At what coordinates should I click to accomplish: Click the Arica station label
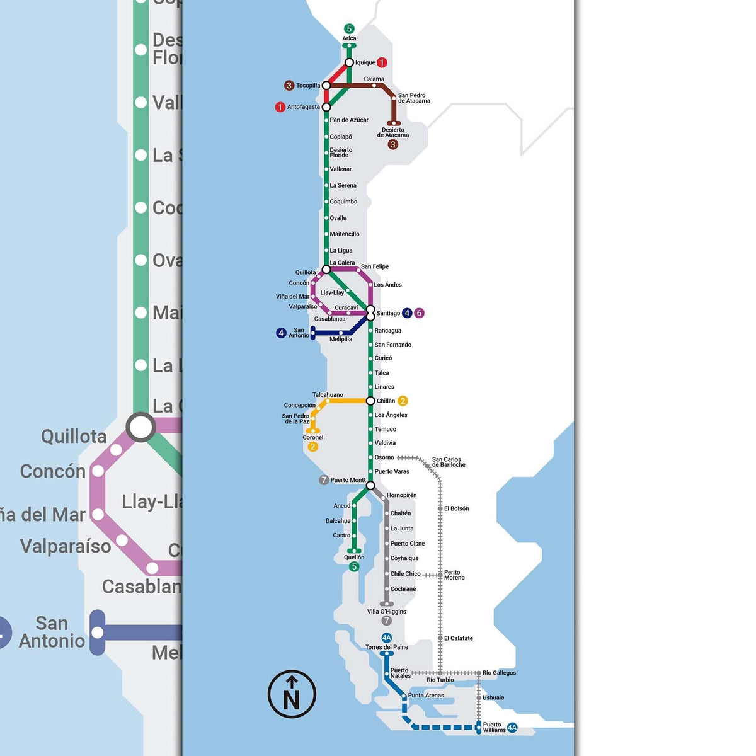349,38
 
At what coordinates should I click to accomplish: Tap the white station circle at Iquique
349,62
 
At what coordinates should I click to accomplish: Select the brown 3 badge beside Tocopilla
289,85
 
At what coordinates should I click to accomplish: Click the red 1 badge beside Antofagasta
280,107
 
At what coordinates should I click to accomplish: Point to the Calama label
374,79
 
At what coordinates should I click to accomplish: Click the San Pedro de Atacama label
414,98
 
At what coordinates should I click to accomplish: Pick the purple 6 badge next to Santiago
420,313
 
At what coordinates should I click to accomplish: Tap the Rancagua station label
387,331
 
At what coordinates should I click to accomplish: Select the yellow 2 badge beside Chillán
403,401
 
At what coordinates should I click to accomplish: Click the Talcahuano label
328,395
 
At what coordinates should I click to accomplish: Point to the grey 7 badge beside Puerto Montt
324,480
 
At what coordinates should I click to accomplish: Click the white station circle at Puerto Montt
370,485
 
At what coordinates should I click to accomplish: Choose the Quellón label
354,558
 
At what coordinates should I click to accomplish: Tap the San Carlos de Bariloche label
449,462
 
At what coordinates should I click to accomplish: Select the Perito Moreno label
454,575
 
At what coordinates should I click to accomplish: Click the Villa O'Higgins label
387,612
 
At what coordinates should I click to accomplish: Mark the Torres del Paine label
387,647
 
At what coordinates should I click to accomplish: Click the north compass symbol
292,694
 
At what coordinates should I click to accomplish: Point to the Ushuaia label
493,697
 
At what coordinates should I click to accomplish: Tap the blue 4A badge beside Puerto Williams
512,728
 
